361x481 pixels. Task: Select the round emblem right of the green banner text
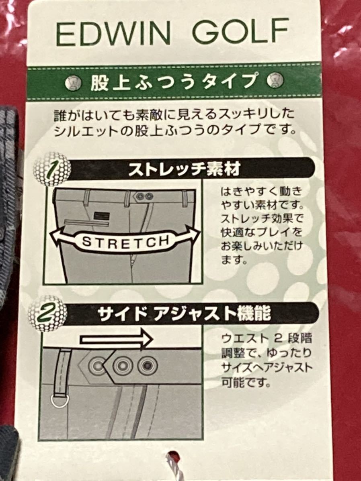(275, 80)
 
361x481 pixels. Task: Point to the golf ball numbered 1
(52, 169)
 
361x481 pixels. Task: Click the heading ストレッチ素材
(184, 169)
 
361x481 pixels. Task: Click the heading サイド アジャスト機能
(184, 314)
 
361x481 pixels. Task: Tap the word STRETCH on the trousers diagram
(126, 241)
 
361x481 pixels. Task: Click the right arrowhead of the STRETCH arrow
(193, 235)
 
